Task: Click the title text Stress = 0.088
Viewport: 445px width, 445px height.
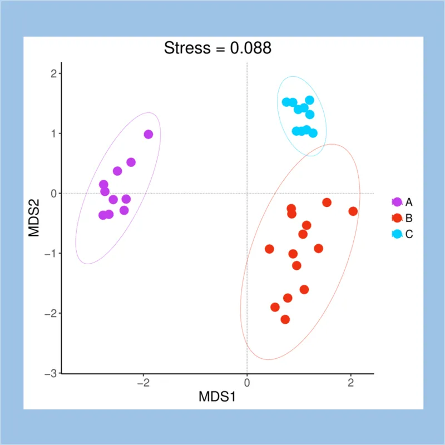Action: click(217, 48)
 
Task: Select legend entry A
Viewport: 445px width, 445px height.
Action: click(409, 201)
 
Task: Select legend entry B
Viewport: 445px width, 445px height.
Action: click(409, 217)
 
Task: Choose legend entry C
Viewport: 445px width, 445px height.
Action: click(409, 234)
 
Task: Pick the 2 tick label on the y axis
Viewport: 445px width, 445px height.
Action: click(55, 73)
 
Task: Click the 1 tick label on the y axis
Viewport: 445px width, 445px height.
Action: click(55, 133)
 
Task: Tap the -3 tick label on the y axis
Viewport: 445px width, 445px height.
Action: click(51, 373)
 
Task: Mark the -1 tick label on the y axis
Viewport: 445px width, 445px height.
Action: click(51, 253)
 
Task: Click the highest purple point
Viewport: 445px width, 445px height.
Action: click(149, 134)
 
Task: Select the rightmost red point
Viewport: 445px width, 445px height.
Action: click(353, 211)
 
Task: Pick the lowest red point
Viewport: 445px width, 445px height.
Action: click(285, 319)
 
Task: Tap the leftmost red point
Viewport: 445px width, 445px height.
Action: click(270, 249)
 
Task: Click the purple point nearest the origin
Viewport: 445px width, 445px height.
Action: click(149, 134)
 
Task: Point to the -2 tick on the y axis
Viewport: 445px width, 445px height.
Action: click(51, 313)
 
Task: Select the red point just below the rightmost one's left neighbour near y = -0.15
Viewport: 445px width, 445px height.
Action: click(306, 225)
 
